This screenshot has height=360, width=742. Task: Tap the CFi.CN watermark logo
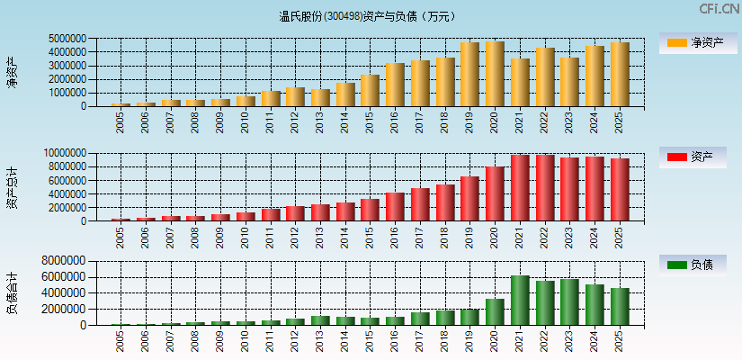point(719,9)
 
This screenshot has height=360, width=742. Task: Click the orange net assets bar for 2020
point(495,74)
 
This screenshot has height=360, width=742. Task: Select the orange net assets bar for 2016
point(395,85)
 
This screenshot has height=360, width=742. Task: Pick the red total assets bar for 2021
point(520,188)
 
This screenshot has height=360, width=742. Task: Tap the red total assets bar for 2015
point(370,210)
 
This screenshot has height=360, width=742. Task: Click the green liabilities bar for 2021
point(520,301)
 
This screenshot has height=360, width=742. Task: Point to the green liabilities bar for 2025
point(620,307)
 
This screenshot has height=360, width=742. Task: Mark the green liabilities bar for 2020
point(495,312)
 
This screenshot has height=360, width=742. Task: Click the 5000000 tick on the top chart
point(68,39)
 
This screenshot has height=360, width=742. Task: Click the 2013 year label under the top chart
point(320,121)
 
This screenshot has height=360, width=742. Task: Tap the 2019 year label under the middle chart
point(470,237)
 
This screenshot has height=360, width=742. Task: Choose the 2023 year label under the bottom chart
point(570,341)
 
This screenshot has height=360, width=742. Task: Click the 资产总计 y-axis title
point(12,187)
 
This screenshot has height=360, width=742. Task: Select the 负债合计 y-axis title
point(12,292)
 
